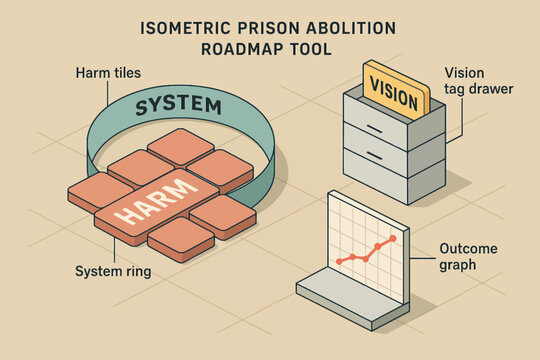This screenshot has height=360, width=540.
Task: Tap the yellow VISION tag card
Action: [395, 86]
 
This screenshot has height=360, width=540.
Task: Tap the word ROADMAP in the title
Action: [233, 47]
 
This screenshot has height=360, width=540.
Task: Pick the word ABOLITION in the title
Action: [335, 28]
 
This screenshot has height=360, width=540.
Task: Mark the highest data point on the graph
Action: [392, 239]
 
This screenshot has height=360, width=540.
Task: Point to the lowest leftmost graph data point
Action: [340, 262]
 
